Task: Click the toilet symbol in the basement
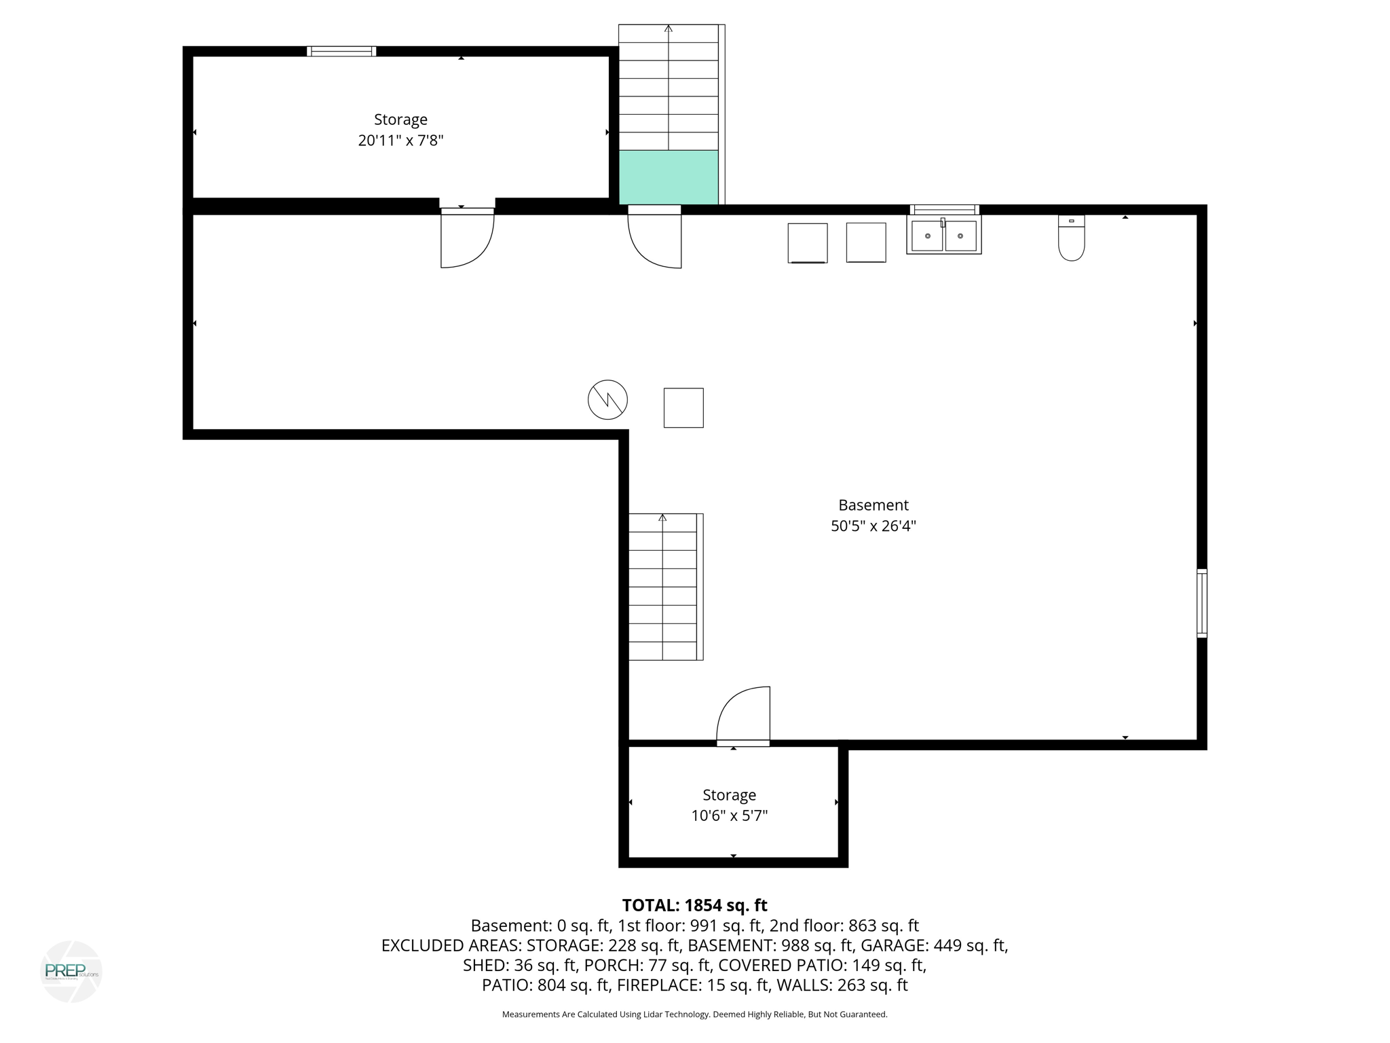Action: tap(1071, 238)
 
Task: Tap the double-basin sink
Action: tap(943, 235)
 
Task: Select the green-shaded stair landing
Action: tap(669, 177)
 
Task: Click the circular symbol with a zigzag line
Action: tap(607, 400)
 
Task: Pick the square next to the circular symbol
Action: tap(683, 408)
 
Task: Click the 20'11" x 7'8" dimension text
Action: tap(400, 141)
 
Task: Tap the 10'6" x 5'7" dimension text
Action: tap(729, 816)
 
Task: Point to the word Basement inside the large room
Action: tap(873, 505)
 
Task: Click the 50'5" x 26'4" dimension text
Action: tap(873, 526)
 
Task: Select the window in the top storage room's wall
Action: tap(341, 52)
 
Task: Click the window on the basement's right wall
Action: tap(1201, 603)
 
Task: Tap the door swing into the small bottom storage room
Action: tap(744, 716)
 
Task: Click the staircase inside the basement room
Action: tap(663, 587)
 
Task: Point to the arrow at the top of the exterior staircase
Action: tap(669, 29)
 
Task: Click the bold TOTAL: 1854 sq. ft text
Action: tap(694, 905)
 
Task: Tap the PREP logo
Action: tap(71, 971)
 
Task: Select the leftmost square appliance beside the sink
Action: tap(808, 242)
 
